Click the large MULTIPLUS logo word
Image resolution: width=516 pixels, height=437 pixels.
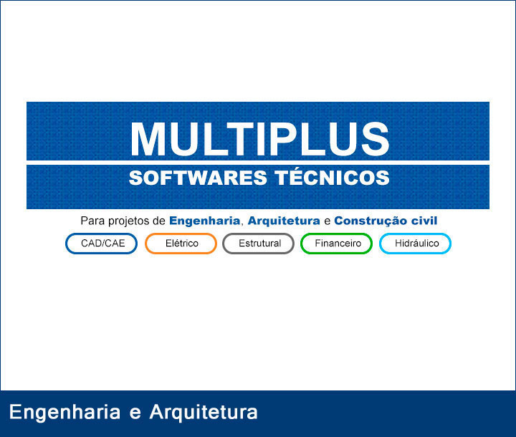coord(260,139)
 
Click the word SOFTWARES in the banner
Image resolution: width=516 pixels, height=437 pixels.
coord(198,178)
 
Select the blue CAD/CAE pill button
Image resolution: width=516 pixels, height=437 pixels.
coord(101,244)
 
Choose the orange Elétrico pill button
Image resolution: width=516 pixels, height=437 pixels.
coord(181,244)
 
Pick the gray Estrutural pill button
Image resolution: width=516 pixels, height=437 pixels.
coord(258,244)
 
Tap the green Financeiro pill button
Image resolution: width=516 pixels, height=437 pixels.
coord(336,244)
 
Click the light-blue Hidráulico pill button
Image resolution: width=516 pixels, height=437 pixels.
coord(415,244)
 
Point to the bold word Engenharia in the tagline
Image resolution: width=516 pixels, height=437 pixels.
coord(204,221)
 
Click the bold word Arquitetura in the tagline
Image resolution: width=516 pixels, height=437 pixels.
coord(284,221)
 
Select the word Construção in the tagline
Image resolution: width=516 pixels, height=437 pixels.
coord(371,221)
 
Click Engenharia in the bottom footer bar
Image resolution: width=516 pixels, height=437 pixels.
coord(64,413)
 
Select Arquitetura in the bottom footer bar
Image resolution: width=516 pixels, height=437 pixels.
coord(204,413)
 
